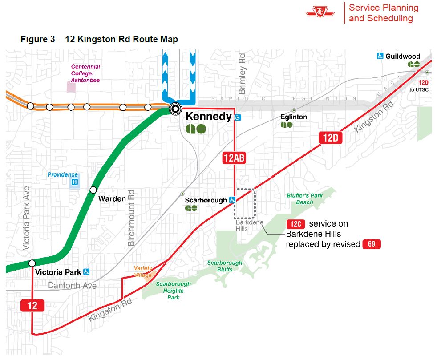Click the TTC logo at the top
tap(320, 12)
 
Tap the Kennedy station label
tap(208, 117)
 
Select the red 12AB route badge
tap(235, 158)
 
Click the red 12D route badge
tap(330, 138)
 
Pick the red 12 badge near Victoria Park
tap(32, 306)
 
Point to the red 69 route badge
tap(372, 244)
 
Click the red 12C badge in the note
tap(295, 224)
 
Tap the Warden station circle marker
tap(93, 190)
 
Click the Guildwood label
tap(403, 57)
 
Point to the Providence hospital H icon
tap(75, 182)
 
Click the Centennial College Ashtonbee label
tap(85, 73)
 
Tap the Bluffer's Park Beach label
tap(305, 199)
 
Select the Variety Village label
tap(143, 271)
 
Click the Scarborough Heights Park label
tap(173, 290)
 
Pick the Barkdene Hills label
tap(249, 226)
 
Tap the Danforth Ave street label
tap(72, 286)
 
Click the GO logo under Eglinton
tap(287, 125)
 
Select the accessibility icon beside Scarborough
tap(232, 200)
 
